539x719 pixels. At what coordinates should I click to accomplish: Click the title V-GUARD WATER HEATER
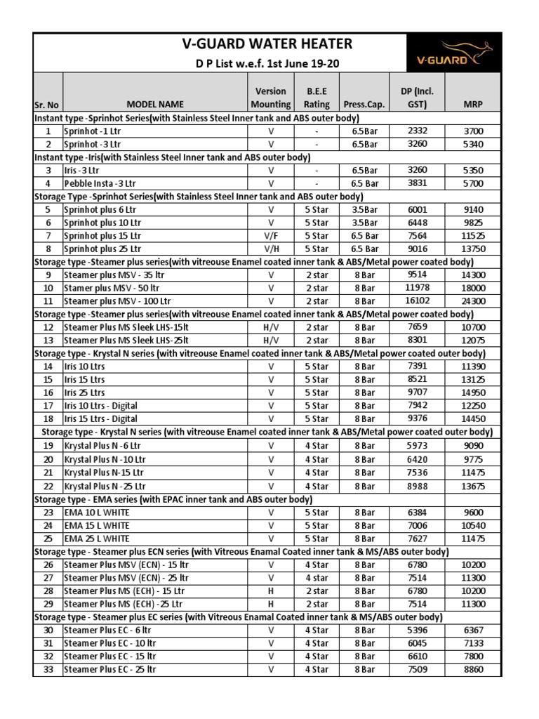click(267, 45)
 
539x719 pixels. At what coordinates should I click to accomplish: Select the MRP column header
click(473, 104)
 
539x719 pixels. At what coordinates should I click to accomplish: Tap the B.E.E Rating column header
click(317, 98)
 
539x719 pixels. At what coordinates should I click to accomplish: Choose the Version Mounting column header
click(270, 98)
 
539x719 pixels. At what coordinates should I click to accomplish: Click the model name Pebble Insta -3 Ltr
click(99, 183)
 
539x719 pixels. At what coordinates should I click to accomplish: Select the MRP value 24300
click(473, 301)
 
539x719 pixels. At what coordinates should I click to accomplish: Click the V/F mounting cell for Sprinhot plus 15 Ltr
click(270, 236)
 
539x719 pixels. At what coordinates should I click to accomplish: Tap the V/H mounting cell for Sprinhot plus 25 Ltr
click(270, 249)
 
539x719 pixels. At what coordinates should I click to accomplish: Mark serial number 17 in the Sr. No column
click(48, 406)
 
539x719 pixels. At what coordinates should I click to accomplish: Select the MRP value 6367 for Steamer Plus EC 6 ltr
click(473, 631)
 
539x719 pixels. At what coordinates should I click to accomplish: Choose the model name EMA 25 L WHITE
click(96, 539)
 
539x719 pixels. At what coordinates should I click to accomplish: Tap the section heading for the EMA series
click(173, 499)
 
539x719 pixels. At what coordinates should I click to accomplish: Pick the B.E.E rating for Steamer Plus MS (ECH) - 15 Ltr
click(317, 591)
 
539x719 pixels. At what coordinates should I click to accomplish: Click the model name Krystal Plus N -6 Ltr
click(102, 446)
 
